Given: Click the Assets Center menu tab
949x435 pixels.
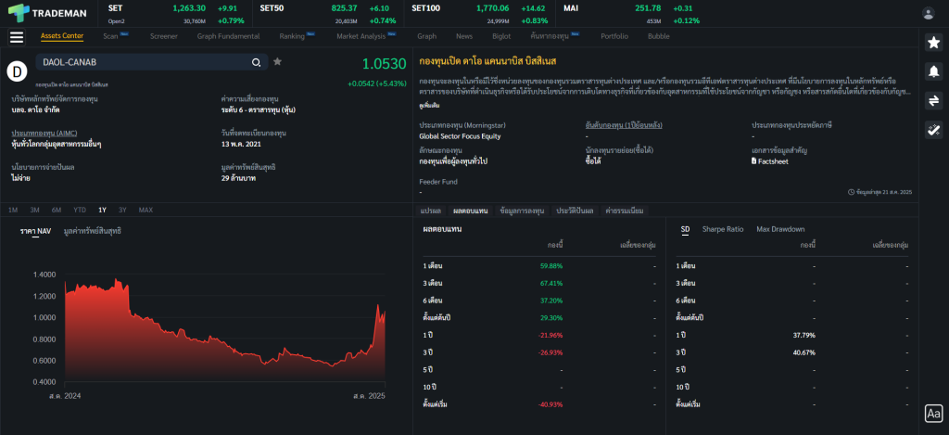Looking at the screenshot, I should coord(62,36).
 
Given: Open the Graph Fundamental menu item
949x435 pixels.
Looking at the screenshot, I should coord(228,36).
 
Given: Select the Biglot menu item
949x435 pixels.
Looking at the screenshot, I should coord(501,36).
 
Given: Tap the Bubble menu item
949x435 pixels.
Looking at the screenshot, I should coord(659,36).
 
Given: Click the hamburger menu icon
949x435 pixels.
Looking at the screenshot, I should coord(17,37).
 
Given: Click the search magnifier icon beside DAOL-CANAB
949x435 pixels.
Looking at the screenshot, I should coord(256,62).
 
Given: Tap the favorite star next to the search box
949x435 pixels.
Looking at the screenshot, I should coord(277,62).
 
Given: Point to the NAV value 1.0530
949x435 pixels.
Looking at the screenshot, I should coord(384,64).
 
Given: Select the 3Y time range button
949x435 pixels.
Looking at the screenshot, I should coord(122,210).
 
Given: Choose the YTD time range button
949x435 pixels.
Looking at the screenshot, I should coord(80,210).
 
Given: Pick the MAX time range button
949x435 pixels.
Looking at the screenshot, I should coord(146,210).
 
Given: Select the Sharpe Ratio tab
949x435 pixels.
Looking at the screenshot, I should coord(723,229).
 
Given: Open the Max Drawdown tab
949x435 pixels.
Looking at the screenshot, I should coord(780,229).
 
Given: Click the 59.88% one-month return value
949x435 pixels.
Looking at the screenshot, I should coord(550,265).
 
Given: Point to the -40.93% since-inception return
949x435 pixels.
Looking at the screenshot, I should coord(550,403).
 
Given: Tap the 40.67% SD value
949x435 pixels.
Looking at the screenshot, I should coord(803,352).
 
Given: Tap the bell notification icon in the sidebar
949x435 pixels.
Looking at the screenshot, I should coord(933,71).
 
